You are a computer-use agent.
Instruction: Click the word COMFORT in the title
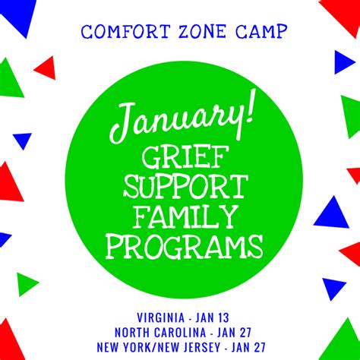[x=125, y=32]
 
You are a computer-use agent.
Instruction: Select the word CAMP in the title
[x=261, y=32]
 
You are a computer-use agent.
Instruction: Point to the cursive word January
[x=174, y=120]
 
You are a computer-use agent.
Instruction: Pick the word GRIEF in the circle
[x=183, y=158]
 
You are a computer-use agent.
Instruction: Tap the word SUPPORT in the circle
[x=185, y=187]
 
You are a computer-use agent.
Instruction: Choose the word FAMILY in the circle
[x=186, y=216]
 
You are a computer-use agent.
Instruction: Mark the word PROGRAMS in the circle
[x=185, y=247]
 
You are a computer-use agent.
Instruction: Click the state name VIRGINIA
[x=161, y=317]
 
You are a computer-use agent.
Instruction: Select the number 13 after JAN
[x=223, y=317]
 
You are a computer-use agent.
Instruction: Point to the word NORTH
[x=132, y=333]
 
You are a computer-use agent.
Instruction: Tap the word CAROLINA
[x=180, y=333]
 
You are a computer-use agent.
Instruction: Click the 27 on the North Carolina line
[x=245, y=333]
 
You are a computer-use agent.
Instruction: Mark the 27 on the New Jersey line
[x=259, y=347]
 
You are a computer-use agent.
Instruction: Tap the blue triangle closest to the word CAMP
[x=343, y=62]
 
